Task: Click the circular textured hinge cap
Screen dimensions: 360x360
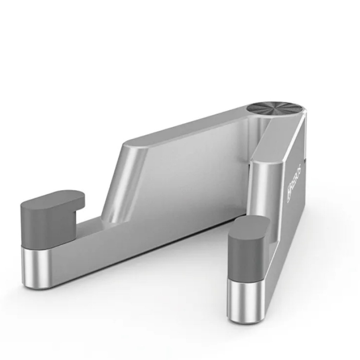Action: [x=274, y=108]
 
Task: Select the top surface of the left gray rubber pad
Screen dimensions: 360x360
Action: [x=53, y=198]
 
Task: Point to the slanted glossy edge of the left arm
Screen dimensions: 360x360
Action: [x=123, y=183]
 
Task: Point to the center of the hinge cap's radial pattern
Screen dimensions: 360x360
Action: [x=274, y=108]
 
